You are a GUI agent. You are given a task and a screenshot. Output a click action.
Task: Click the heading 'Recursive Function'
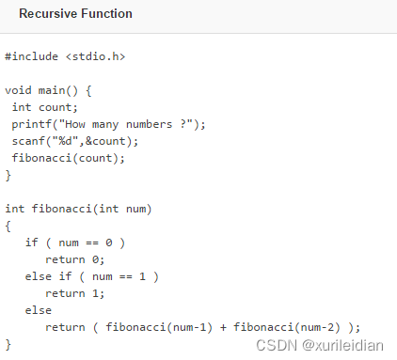point(75,14)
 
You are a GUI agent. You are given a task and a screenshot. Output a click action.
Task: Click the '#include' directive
point(32,57)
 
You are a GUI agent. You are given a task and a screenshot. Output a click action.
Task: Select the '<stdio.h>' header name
point(95,57)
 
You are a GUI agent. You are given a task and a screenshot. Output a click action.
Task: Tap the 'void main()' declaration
point(48,91)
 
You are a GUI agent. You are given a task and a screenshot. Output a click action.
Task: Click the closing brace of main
point(8,175)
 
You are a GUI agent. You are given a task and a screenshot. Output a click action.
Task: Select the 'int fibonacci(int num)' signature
point(78,209)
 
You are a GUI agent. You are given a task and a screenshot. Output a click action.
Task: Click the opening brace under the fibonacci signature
point(8,226)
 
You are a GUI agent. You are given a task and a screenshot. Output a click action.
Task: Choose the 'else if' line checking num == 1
point(92,276)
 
